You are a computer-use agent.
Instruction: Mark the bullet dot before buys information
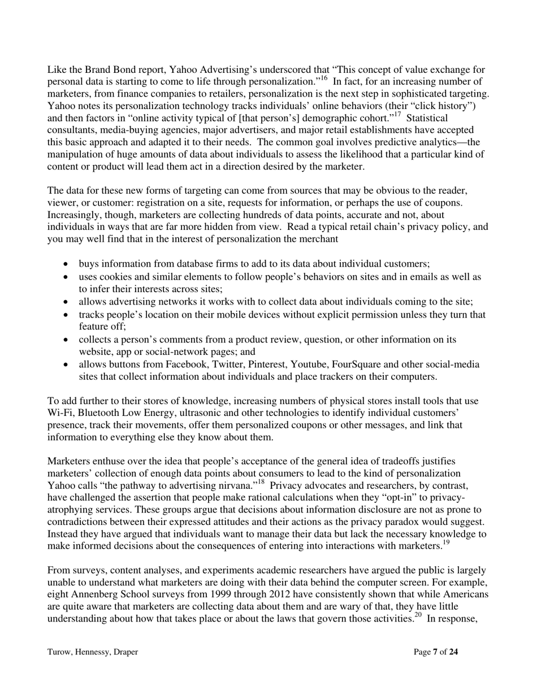67,264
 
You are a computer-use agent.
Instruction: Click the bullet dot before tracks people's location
67,315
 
